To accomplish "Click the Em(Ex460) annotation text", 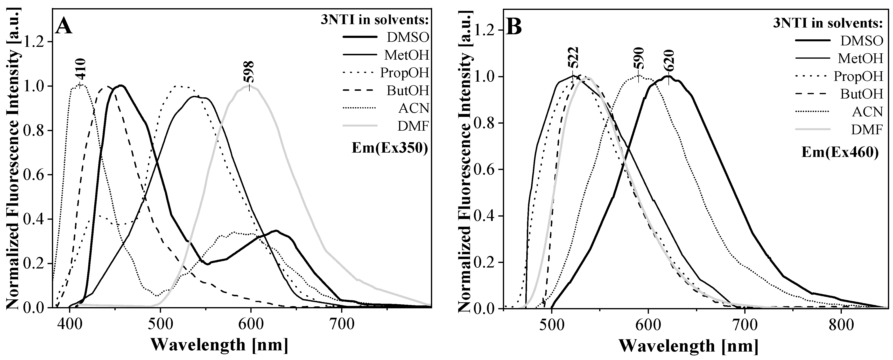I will point(840,153).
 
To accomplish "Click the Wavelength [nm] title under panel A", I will point(219,345).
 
